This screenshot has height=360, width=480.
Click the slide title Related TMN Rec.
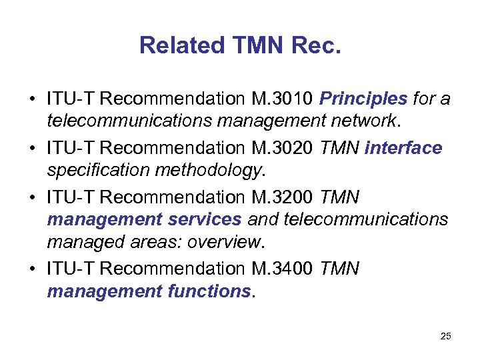[240, 45]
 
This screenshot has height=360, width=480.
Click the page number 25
[445, 336]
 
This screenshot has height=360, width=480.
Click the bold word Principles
[363, 99]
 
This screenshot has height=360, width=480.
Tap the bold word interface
[403, 147]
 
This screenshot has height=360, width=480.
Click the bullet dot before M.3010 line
[32, 100]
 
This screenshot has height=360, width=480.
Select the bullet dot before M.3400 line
[32, 269]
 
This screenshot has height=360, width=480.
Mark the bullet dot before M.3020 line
[32, 148]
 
